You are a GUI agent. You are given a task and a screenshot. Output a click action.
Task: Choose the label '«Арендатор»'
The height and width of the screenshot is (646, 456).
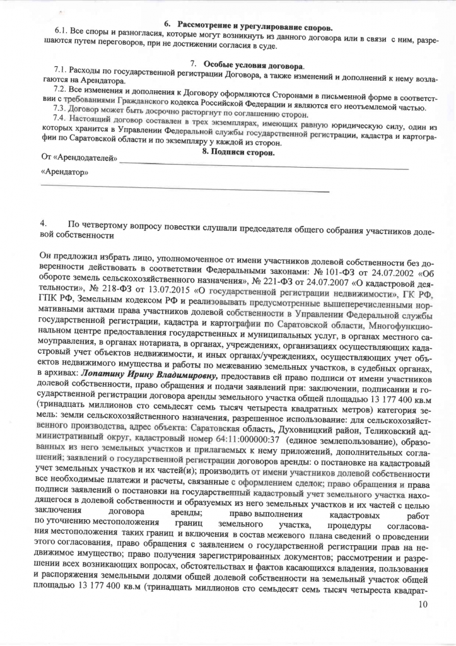[64, 172]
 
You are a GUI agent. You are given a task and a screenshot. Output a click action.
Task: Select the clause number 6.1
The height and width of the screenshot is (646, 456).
[61, 32]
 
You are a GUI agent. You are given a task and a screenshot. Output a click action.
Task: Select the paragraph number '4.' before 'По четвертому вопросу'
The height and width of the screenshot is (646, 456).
[42, 223]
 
